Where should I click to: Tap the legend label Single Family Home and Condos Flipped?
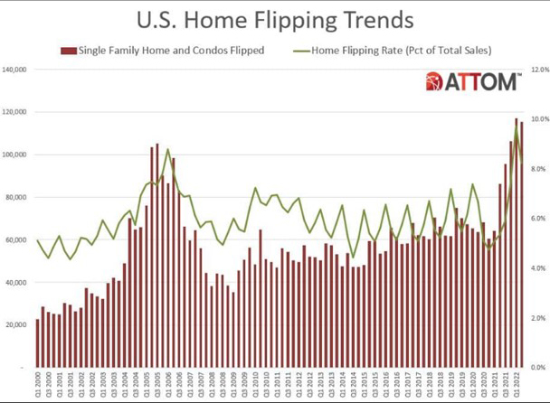(172, 51)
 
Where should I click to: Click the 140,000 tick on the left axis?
(17, 69)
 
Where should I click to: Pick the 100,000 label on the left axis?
(17, 155)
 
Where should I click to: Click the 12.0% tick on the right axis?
(541, 69)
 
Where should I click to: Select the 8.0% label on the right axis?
(541, 169)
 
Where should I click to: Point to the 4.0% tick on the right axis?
(541, 268)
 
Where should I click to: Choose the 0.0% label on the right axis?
(541, 368)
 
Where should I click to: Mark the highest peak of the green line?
(517, 126)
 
